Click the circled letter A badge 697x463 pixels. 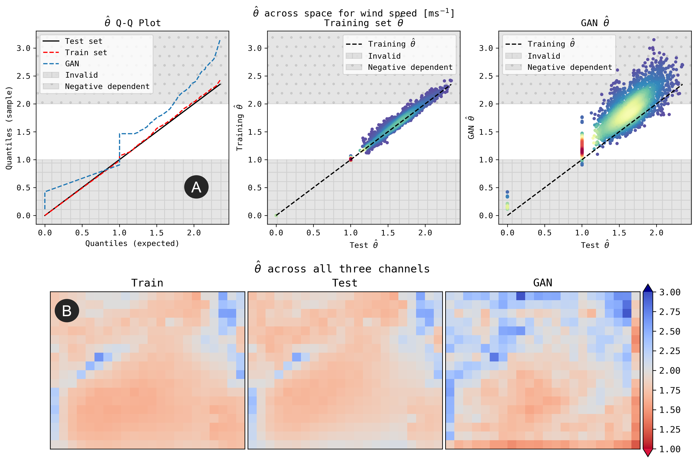click(x=196, y=187)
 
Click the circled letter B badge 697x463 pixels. click(x=67, y=311)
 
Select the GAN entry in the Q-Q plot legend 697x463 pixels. click(x=72, y=64)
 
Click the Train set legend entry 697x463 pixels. click(x=86, y=53)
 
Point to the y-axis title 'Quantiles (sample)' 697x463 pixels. click(x=9, y=128)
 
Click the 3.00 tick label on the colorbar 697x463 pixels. click(x=670, y=292)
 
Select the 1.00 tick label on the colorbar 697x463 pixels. click(x=670, y=449)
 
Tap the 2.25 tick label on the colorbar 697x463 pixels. click(x=670, y=351)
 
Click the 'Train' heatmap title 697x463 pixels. click(x=147, y=283)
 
